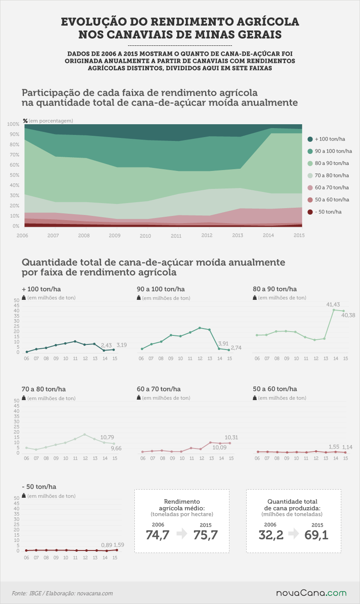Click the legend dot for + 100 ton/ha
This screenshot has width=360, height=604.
310,139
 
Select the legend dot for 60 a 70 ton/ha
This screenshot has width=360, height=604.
310,188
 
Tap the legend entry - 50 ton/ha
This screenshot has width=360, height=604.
324,212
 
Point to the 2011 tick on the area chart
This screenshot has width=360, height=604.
176,236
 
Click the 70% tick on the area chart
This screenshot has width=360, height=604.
15,155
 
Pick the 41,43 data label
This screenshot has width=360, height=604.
333,305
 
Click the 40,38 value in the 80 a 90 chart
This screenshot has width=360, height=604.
348,315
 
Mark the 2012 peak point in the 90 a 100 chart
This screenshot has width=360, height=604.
199,328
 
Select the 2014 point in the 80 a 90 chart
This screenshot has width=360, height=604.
334,310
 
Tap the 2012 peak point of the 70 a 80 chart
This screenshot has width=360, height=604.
85,434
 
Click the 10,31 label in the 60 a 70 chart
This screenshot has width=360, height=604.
231,437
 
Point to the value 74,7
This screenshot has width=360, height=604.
158,535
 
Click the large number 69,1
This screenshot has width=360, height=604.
316,535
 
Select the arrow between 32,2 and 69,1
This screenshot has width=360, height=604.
294,533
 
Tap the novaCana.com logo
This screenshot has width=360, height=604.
311,593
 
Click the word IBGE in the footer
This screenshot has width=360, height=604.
35,593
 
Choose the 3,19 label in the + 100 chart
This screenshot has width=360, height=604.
122,345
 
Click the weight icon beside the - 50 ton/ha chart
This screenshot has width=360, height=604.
24,496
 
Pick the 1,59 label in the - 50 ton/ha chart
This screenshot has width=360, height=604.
119,545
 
